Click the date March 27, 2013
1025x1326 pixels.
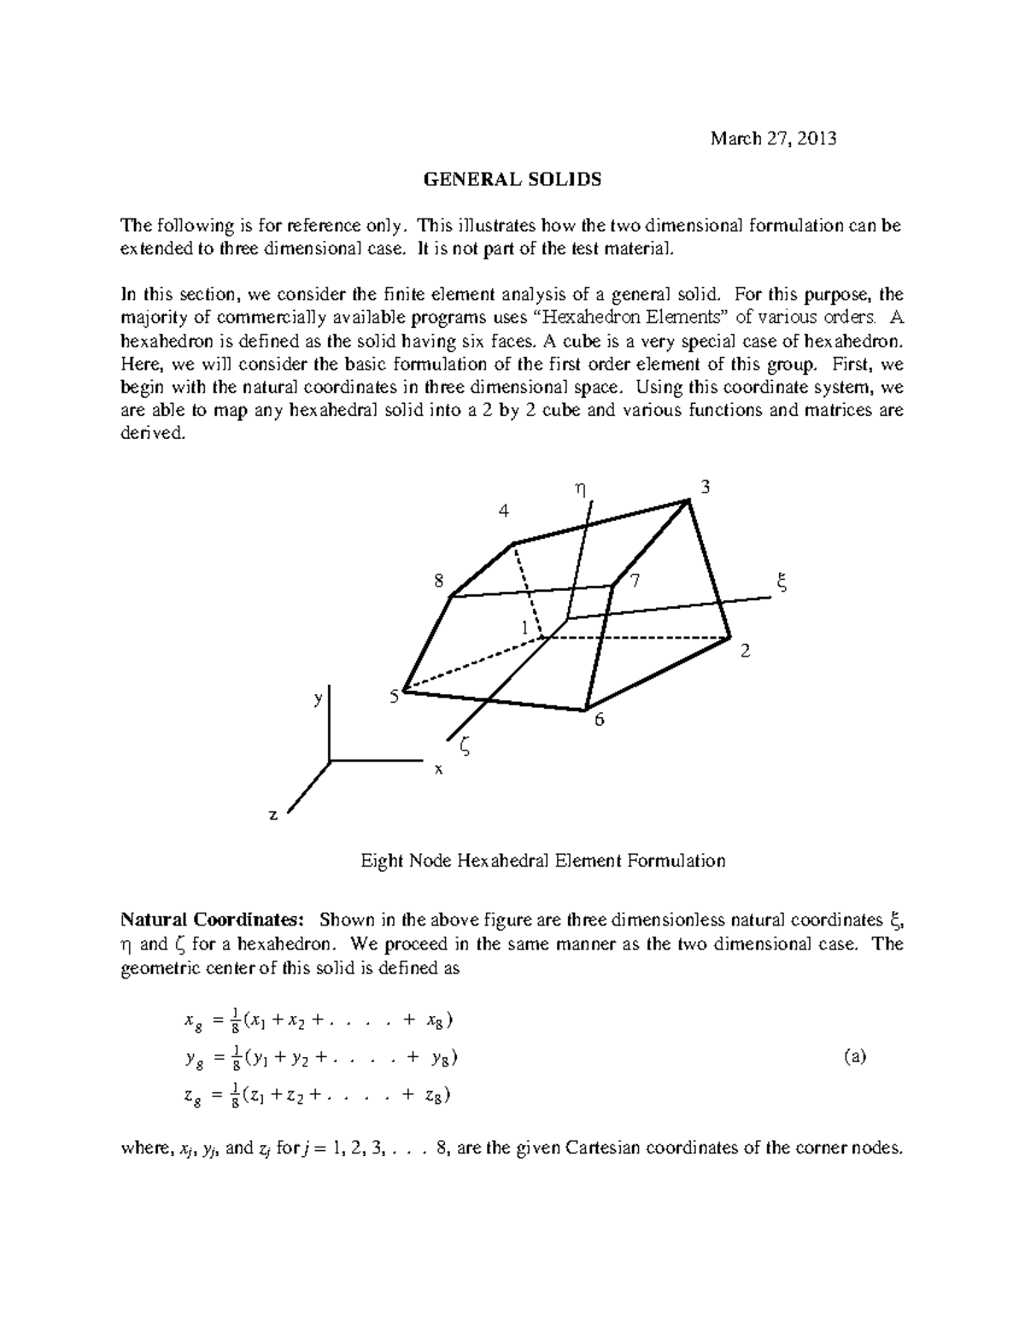(x=774, y=138)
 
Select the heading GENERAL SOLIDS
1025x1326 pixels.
(x=512, y=179)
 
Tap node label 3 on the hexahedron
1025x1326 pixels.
(x=705, y=488)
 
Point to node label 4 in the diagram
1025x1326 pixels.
(x=504, y=511)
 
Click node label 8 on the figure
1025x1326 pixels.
(x=438, y=581)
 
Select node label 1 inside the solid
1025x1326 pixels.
(x=525, y=628)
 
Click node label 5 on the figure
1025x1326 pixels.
(x=394, y=697)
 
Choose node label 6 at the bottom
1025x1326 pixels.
(x=599, y=720)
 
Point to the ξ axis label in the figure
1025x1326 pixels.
(x=779, y=584)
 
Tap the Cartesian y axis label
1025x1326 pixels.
(x=318, y=698)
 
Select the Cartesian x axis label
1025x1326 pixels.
(x=439, y=768)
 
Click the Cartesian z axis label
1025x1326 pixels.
(x=273, y=815)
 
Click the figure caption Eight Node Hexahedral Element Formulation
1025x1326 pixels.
(x=542, y=861)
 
